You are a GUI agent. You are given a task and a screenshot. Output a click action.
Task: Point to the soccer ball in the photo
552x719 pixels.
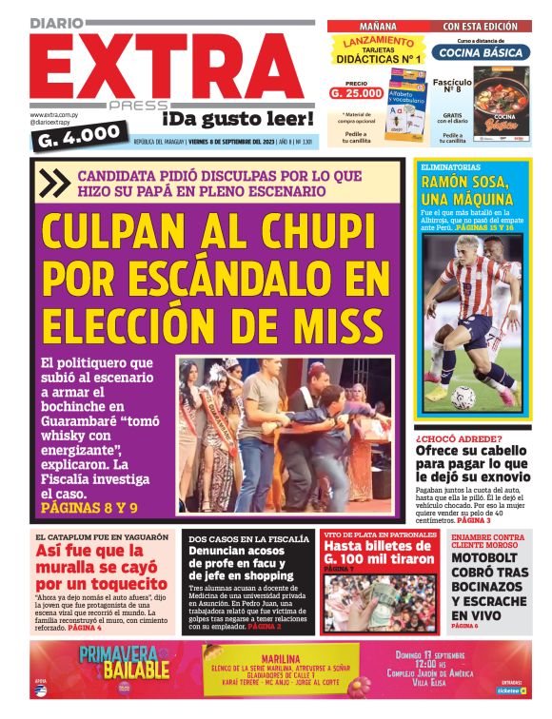(x=463, y=397)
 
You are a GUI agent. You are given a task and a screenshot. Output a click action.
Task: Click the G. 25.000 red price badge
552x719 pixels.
(x=357, y=93)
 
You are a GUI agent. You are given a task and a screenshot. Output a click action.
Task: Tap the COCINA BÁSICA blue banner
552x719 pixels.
(x=481, y=52)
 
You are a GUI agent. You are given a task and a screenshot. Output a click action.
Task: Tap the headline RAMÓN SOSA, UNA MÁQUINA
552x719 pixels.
(x=467, y=190)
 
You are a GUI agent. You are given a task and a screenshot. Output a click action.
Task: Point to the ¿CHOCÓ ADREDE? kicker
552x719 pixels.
(x=459, y=438)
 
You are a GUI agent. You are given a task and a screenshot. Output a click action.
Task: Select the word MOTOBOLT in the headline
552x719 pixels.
(x=484, y=558)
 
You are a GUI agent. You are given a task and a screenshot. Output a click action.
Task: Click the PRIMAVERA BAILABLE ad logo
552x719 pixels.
(x=124, y=663)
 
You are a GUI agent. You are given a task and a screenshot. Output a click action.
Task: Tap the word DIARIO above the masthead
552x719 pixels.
(x=63, y=22)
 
